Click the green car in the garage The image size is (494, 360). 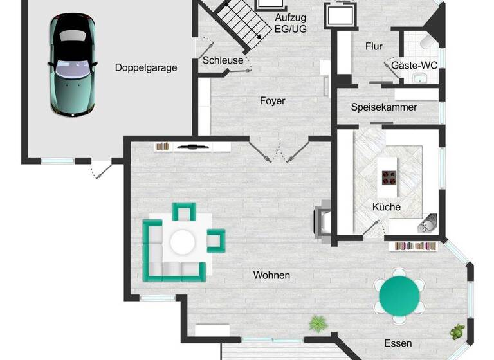[x=72, y=66]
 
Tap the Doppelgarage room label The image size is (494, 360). [x=146, y=67]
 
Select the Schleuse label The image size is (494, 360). [x=223, y=60]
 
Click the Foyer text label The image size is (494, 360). [x=272, y=100]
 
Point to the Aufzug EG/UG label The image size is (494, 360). [x=290, y=23]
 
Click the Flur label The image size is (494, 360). [x=374, y=46]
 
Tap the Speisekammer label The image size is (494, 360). [x=384, y=107]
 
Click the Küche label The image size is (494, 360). [x=386, y=206]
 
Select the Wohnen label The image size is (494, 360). [x=271, y=275]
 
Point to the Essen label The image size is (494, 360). [x=398, y=343]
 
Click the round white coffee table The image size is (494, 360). [x=183, y=242]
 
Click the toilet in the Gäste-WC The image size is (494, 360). [x=428, y=41]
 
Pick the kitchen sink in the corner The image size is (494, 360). [x=427, y=224]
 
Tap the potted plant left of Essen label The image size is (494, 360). [x=317, y=323]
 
